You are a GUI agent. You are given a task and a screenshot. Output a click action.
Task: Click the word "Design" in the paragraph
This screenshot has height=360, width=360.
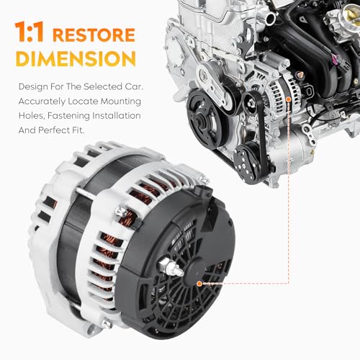point(32,87)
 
